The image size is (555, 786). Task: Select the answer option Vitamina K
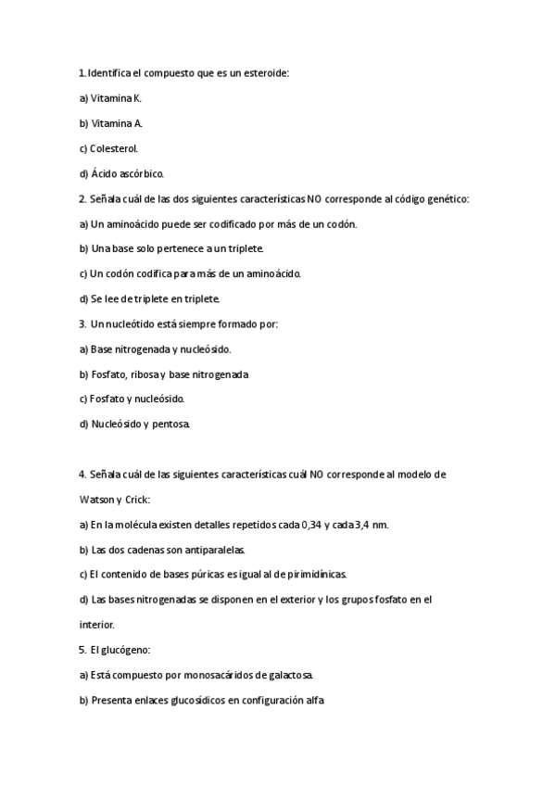click(116, 97)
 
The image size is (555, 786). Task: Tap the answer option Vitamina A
click(116, 122)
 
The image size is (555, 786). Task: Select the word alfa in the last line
click(314, 700)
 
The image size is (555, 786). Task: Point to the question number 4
click(82, 474)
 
